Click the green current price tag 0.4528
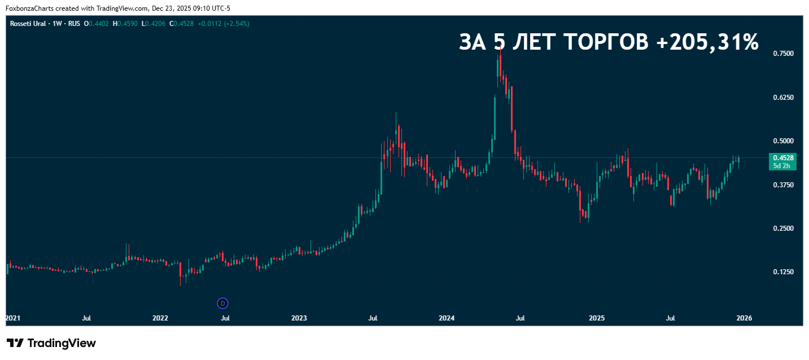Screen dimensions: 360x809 coord(784,158)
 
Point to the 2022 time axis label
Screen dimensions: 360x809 coord(160,318)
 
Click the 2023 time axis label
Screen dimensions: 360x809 coord(299,318)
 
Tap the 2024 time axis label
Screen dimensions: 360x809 coord(446,318)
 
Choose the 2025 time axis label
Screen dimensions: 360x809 coord(597,318)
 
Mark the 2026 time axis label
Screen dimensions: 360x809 coord(744,318)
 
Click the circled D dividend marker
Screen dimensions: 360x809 coord(222,304)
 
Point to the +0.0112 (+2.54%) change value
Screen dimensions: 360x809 coord(224,24)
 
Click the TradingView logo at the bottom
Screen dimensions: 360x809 coord(51,343)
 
